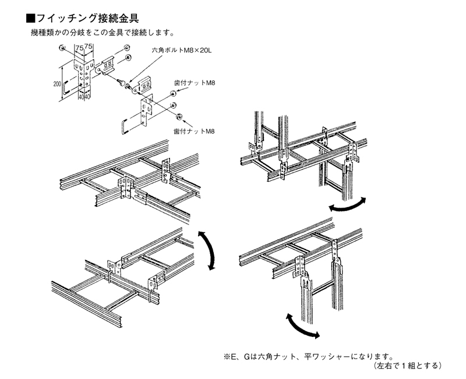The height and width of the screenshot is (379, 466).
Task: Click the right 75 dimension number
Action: (90, 47)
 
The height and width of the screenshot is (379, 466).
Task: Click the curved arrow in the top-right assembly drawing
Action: (347, 205)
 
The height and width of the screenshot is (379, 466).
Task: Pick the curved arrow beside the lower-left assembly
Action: (206, 248)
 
